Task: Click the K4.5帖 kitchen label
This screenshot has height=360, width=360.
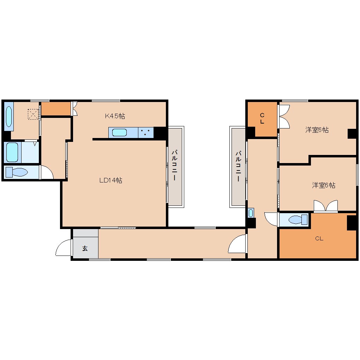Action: click(x=115, y=116)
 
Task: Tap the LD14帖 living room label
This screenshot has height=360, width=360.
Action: click(x=110, y=180)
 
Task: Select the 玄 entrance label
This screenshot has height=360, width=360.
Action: click(x=85, y=248)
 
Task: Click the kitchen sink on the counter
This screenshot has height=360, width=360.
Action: click(x=119, y=133)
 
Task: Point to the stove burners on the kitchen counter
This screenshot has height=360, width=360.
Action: click(x=146, y=133)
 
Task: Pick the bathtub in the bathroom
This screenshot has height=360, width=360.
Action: click(x=12, y=152)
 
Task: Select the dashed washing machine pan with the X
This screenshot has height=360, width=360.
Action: click(x=33, y=114)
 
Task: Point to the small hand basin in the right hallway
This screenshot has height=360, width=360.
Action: click(x=251, y=213)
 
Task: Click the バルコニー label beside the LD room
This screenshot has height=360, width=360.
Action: click(x=174, y=166)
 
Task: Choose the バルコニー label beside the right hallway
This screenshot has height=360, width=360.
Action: click(x=238, y=166)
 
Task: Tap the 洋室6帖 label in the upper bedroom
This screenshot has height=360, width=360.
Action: click(x=317, y=130)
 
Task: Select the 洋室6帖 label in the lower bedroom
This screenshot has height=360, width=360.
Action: click(x=323, y=185)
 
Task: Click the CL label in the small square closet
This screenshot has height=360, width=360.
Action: click(x=262, y=119)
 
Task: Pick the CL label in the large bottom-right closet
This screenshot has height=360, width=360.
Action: click(x=319, y=239)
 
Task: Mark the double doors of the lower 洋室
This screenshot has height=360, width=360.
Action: click(x=326, y=206)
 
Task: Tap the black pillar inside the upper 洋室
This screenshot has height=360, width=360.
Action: click(x=352, y=134)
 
